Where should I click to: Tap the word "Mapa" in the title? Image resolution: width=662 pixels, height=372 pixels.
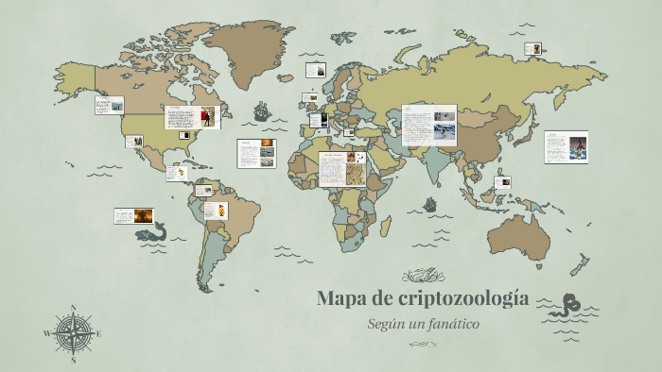(x=341, y=298)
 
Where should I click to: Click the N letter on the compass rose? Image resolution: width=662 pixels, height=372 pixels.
(x=74, y=308)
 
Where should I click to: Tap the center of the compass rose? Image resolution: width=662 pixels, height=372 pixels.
(x=74, y=333)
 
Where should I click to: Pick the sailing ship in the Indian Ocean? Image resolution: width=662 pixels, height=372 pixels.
(x=430, y=203)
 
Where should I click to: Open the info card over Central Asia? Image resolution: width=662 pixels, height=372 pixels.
(x=428, y=125)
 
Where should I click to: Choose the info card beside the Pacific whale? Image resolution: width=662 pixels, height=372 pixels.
(x=134, y=216)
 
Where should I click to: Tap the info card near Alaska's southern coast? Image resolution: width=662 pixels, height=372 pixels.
(x=109, y=105)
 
